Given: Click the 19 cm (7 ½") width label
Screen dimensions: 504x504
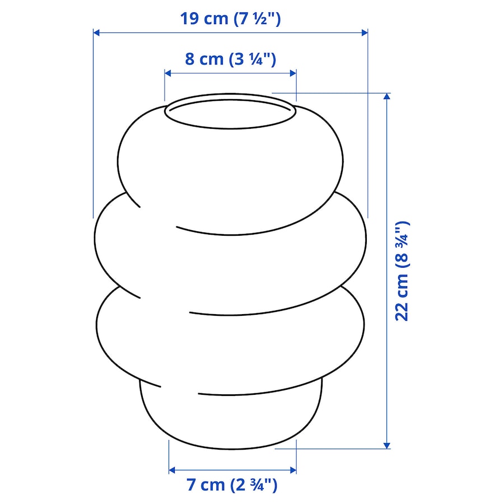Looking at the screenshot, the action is tap(230, 18).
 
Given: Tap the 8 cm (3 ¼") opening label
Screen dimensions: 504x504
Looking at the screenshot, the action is tap(231, 59).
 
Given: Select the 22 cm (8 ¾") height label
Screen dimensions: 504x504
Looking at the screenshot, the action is tap(402, 270).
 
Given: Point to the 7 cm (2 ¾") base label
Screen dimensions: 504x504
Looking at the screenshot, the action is tap(232, 484).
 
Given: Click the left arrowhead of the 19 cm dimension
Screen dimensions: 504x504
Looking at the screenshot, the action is tap(96, 32).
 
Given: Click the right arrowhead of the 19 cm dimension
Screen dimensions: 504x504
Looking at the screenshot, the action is tap(365, 32).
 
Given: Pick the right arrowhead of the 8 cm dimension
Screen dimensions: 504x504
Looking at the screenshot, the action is tap(293, 73).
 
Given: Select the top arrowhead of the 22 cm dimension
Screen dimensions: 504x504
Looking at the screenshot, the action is tap(387, 96).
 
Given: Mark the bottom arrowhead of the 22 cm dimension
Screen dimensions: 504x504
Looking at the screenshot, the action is tap(387, 445).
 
